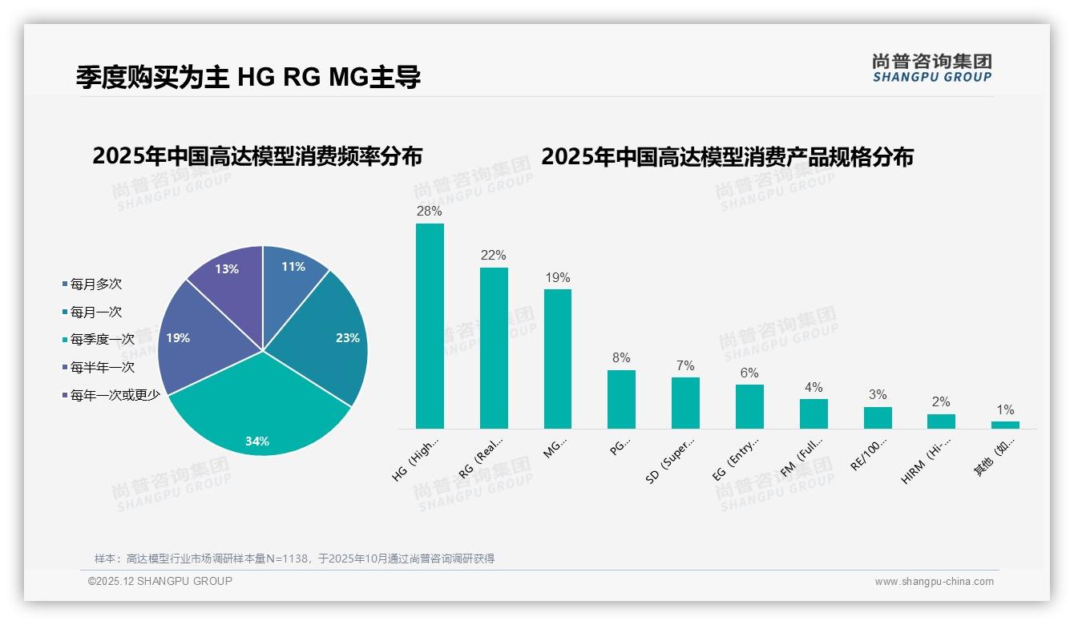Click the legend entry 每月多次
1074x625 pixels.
(x=95, y=284)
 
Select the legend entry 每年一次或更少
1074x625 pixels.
(x=115, y=395)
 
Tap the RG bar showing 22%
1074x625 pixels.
(x=494, y=348)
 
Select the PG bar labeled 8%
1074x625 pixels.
(x=621, y=399)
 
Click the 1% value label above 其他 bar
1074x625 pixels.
(x=1005, y=410)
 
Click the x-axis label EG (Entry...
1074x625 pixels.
(x=736, y=458)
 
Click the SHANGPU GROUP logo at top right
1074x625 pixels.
(x=931, y=68)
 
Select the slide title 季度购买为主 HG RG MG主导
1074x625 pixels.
(x=248, y=77)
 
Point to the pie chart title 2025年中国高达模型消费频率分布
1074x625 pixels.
(x=257, y=156)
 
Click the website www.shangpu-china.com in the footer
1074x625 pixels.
(x=934, y=582)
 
